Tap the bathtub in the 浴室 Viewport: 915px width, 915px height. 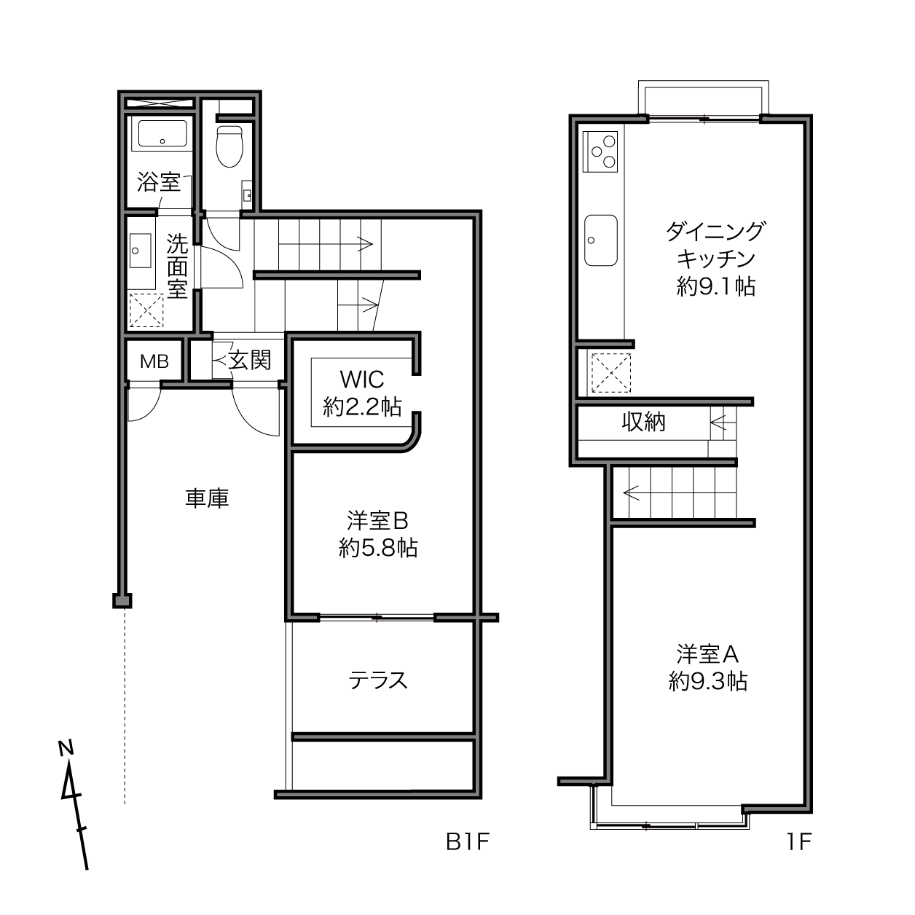pyautogui.click(x=162, y=133)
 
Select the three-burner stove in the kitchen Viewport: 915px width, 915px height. pyautogui.click(x=601, y=152)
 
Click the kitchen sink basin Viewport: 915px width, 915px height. pyautogui.click(x=601, y=240)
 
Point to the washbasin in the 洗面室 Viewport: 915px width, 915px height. pyautogui.click(x=141, y=250)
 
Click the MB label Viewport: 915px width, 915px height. pyautogui.click(x=154, y=361)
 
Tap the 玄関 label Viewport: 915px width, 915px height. pyautogui.click(x=250, y=360)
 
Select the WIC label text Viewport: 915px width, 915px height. pyautogui.click(x=362, y=380)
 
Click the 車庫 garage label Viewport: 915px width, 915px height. pyautogui.click(x=207, y=498)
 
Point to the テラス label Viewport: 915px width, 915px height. pyautogui.click(x=378, y=680)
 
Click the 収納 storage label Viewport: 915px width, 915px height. pyautogui.click(x=643, y=422)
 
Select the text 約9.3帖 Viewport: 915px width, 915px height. pyautogui.click(x=708, y=681)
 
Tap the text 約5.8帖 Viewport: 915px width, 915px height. pyautogui.click(x=378, y=548)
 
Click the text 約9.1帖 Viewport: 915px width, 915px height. pyautogui.click(x=716, y=286)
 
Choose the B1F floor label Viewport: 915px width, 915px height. pyautogui.click(x=468, y=842)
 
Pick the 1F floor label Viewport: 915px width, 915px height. pyautogui.click(x=799, y=842)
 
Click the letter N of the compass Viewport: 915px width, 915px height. pyautogui.click(x=66, y=749)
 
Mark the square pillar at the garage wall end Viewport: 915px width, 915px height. pyautogui.click(x=122, y=601)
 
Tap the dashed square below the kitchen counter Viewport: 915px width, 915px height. pyautogui.click(x=611, y=373)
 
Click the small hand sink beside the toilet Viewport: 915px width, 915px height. pyautogui.click(x=247, y=193)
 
